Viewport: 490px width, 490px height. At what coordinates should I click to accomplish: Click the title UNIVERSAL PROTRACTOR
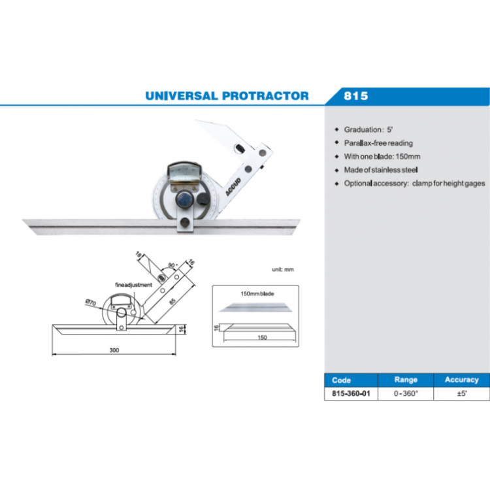tap(227, 95)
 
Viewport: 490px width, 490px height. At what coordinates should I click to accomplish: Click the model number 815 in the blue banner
tap(356, 96)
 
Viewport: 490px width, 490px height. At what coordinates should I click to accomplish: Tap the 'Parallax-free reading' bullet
tap(378, 142)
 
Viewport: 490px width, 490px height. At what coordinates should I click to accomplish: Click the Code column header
tap(341, 380)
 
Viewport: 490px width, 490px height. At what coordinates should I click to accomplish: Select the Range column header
tap(406, 380)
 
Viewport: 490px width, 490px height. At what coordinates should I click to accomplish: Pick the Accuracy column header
tap(461, 380)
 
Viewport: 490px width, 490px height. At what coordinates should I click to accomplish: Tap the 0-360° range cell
tap(406, 394)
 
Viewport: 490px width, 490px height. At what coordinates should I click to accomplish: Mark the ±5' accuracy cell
tap(461, 394)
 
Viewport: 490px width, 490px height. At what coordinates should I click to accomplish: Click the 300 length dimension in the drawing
tap(114, 350)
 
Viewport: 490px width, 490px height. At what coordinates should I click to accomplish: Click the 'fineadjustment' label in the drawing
tap(133, 286)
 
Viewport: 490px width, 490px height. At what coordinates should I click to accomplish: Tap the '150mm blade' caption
tap(258, 294)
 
